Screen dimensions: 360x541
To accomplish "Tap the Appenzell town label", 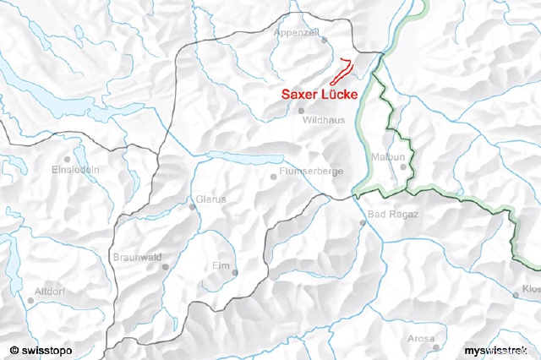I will pos(297,32).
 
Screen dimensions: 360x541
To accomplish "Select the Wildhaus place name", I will pos(322,120).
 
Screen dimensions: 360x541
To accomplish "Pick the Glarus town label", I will pos(210,199).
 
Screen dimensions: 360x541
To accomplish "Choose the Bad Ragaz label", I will pos(393,214).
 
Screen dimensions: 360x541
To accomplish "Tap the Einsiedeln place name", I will pos(75,169).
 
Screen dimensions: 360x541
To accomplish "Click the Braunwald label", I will pos(138,256).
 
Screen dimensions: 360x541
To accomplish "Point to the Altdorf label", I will pos(50,291).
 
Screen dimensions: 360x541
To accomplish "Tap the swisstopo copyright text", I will pos(41,349).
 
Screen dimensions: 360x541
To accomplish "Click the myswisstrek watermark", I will pos(499,349).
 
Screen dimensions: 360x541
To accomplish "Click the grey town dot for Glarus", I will pos(193,207).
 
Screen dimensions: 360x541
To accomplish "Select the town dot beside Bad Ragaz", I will pos(363,223).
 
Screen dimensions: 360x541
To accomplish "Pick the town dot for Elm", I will pos(234,272).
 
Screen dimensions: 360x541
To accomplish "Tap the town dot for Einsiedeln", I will pos(66,158).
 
